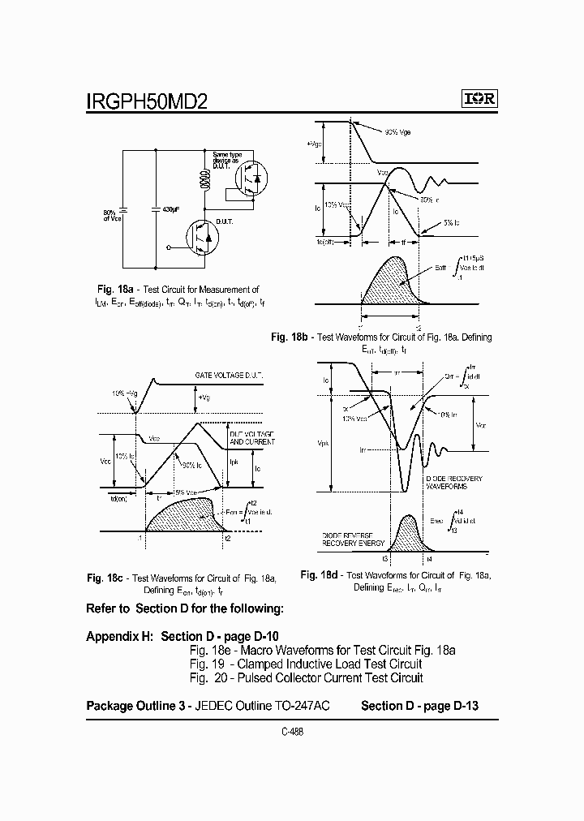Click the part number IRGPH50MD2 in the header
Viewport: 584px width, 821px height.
pyautogui.click(x=147, y=101)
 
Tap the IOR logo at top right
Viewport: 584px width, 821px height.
pyautogui.click(x=479, y=99)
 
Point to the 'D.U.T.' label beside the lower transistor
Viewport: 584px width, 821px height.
pyautogui.click(x=224, y=221)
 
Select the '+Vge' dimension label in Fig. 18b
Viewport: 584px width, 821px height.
pyautogui.click(x=314, y=144)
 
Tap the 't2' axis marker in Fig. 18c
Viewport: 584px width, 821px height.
pyautogui.click(x=228, y=538)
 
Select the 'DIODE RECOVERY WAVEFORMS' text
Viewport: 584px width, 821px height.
pyautogui.click(x=454, y=483)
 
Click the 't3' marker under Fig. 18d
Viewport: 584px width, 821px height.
pyautogui.click(x=385, y=559)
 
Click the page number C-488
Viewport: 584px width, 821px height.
pyautogui.click(x=292, y=731)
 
